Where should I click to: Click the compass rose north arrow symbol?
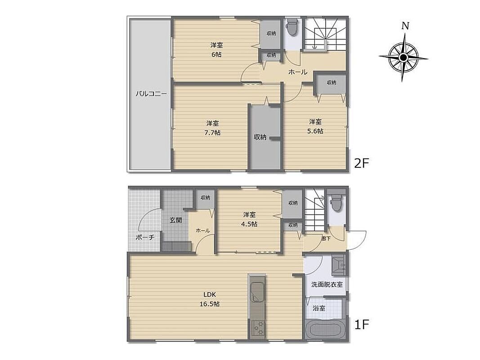tap(404, 57)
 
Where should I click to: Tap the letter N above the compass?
tap(405, 26)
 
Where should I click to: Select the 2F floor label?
tap(362, 163)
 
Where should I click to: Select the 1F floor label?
tap(362, 324)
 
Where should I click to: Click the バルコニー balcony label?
tap(151, 94)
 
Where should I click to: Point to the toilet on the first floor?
tap(336, 202)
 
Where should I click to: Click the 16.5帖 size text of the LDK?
tap(210, 304)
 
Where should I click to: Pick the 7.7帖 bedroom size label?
tap(212, 133)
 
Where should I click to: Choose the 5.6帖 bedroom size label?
tap(315, 131)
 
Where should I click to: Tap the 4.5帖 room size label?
tap(249, 224)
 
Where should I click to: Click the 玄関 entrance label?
tap(176, 220)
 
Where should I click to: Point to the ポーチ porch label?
tap(144, 237)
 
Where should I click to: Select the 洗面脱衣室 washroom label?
tap(327, 284)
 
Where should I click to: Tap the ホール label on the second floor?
tap(298, 72)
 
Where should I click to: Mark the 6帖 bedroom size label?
tap(216, 55)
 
